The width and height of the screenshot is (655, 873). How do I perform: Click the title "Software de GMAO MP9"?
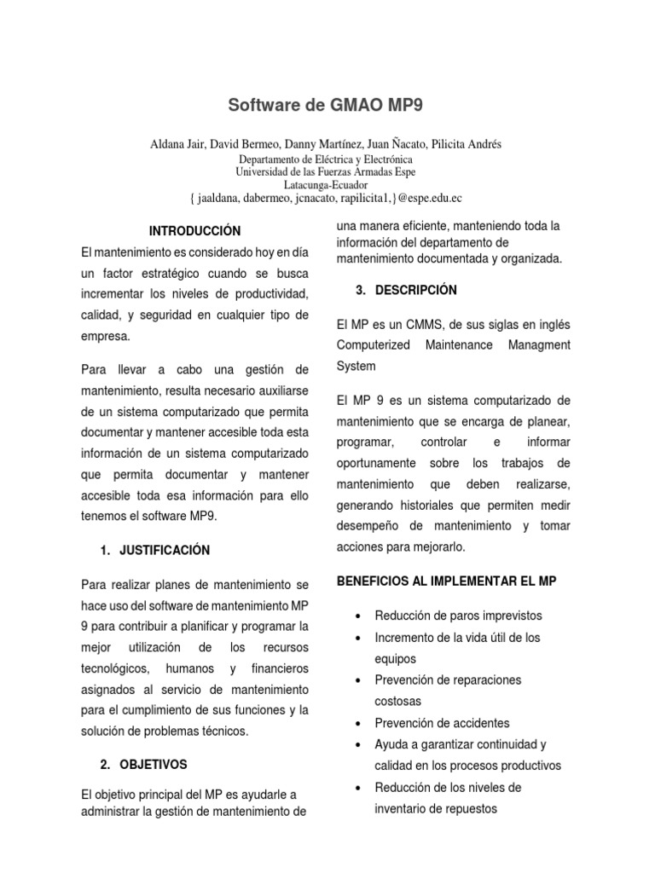coord(326,106)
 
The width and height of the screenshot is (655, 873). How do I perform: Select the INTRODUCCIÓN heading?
coord(195,231)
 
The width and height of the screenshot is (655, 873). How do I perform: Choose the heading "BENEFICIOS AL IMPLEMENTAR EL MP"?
coord(448,581)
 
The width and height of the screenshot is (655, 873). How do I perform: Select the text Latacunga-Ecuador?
coord(325,183)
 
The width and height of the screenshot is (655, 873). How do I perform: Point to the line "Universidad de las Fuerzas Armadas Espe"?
coord(325,171)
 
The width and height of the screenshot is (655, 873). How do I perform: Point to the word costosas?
coord(398,701)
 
